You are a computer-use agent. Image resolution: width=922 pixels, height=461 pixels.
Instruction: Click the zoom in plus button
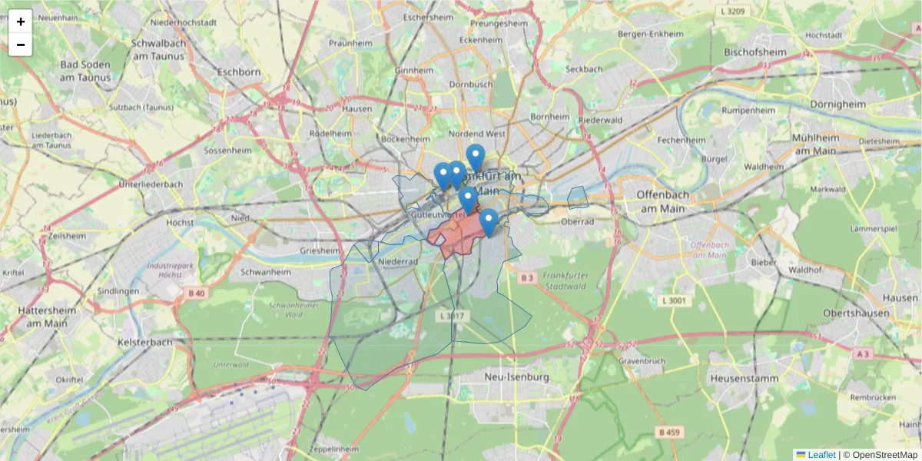point(21,22)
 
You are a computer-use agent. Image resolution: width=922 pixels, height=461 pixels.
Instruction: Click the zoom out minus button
point(21,45)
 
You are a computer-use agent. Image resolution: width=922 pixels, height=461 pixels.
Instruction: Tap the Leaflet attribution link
point(821,455)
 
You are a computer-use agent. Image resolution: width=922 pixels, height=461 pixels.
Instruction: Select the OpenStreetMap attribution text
point(884,455)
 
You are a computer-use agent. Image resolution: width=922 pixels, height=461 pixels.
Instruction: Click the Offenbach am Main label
point(661,201)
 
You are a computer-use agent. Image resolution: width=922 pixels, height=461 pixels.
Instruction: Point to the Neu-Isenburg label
point(518,377)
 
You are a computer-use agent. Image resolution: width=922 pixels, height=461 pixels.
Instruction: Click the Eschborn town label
point(239,71)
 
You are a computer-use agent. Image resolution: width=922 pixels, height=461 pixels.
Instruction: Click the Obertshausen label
point(861,313)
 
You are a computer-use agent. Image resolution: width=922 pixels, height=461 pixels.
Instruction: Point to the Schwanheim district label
point(265,272)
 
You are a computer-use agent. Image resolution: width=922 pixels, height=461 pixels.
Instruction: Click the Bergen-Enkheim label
point(651,34)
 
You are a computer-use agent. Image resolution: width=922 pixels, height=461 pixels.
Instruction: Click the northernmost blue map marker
point(476,158)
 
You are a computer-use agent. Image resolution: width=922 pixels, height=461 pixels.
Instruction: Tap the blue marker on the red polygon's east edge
point(489,222)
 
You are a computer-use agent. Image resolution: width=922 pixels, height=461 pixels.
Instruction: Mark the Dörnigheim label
point(838,104)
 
